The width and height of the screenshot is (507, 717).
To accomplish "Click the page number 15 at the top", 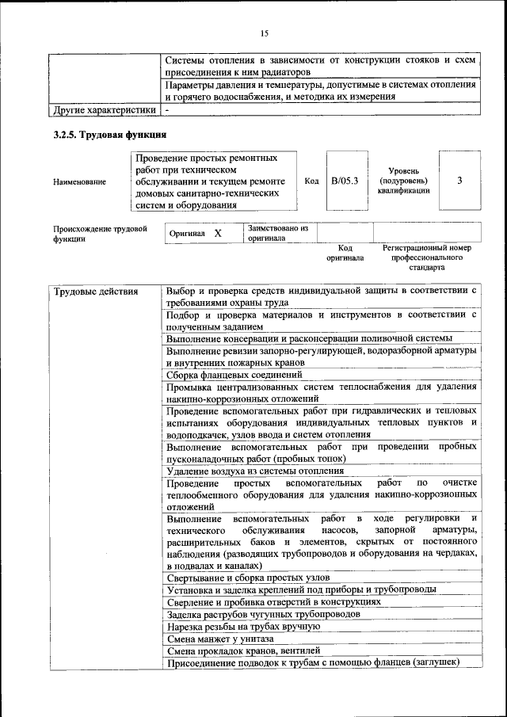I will point(265,32).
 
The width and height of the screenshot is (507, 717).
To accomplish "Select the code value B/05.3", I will point(345,181).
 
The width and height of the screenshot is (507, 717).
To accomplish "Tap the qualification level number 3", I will point(459,181).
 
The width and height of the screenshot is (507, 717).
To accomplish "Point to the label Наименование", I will point(79,182).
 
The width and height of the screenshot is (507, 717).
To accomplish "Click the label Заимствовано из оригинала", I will point(277,232).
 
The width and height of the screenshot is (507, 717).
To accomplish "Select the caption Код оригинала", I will point(345,253).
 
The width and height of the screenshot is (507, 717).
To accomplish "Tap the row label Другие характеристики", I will point(103,110).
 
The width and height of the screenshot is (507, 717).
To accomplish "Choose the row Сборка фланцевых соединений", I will point(234,375).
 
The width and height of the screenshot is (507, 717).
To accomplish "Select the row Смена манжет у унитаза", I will point(220,638).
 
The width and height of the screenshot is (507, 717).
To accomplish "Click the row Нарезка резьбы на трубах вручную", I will point(243,626).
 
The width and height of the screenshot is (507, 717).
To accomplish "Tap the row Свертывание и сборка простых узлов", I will point(248,577).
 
